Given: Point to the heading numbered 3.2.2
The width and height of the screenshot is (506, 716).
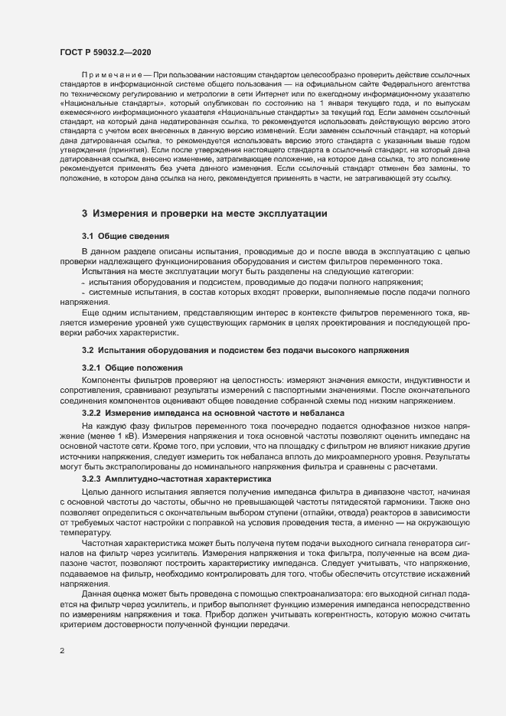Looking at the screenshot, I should (96, 412).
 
